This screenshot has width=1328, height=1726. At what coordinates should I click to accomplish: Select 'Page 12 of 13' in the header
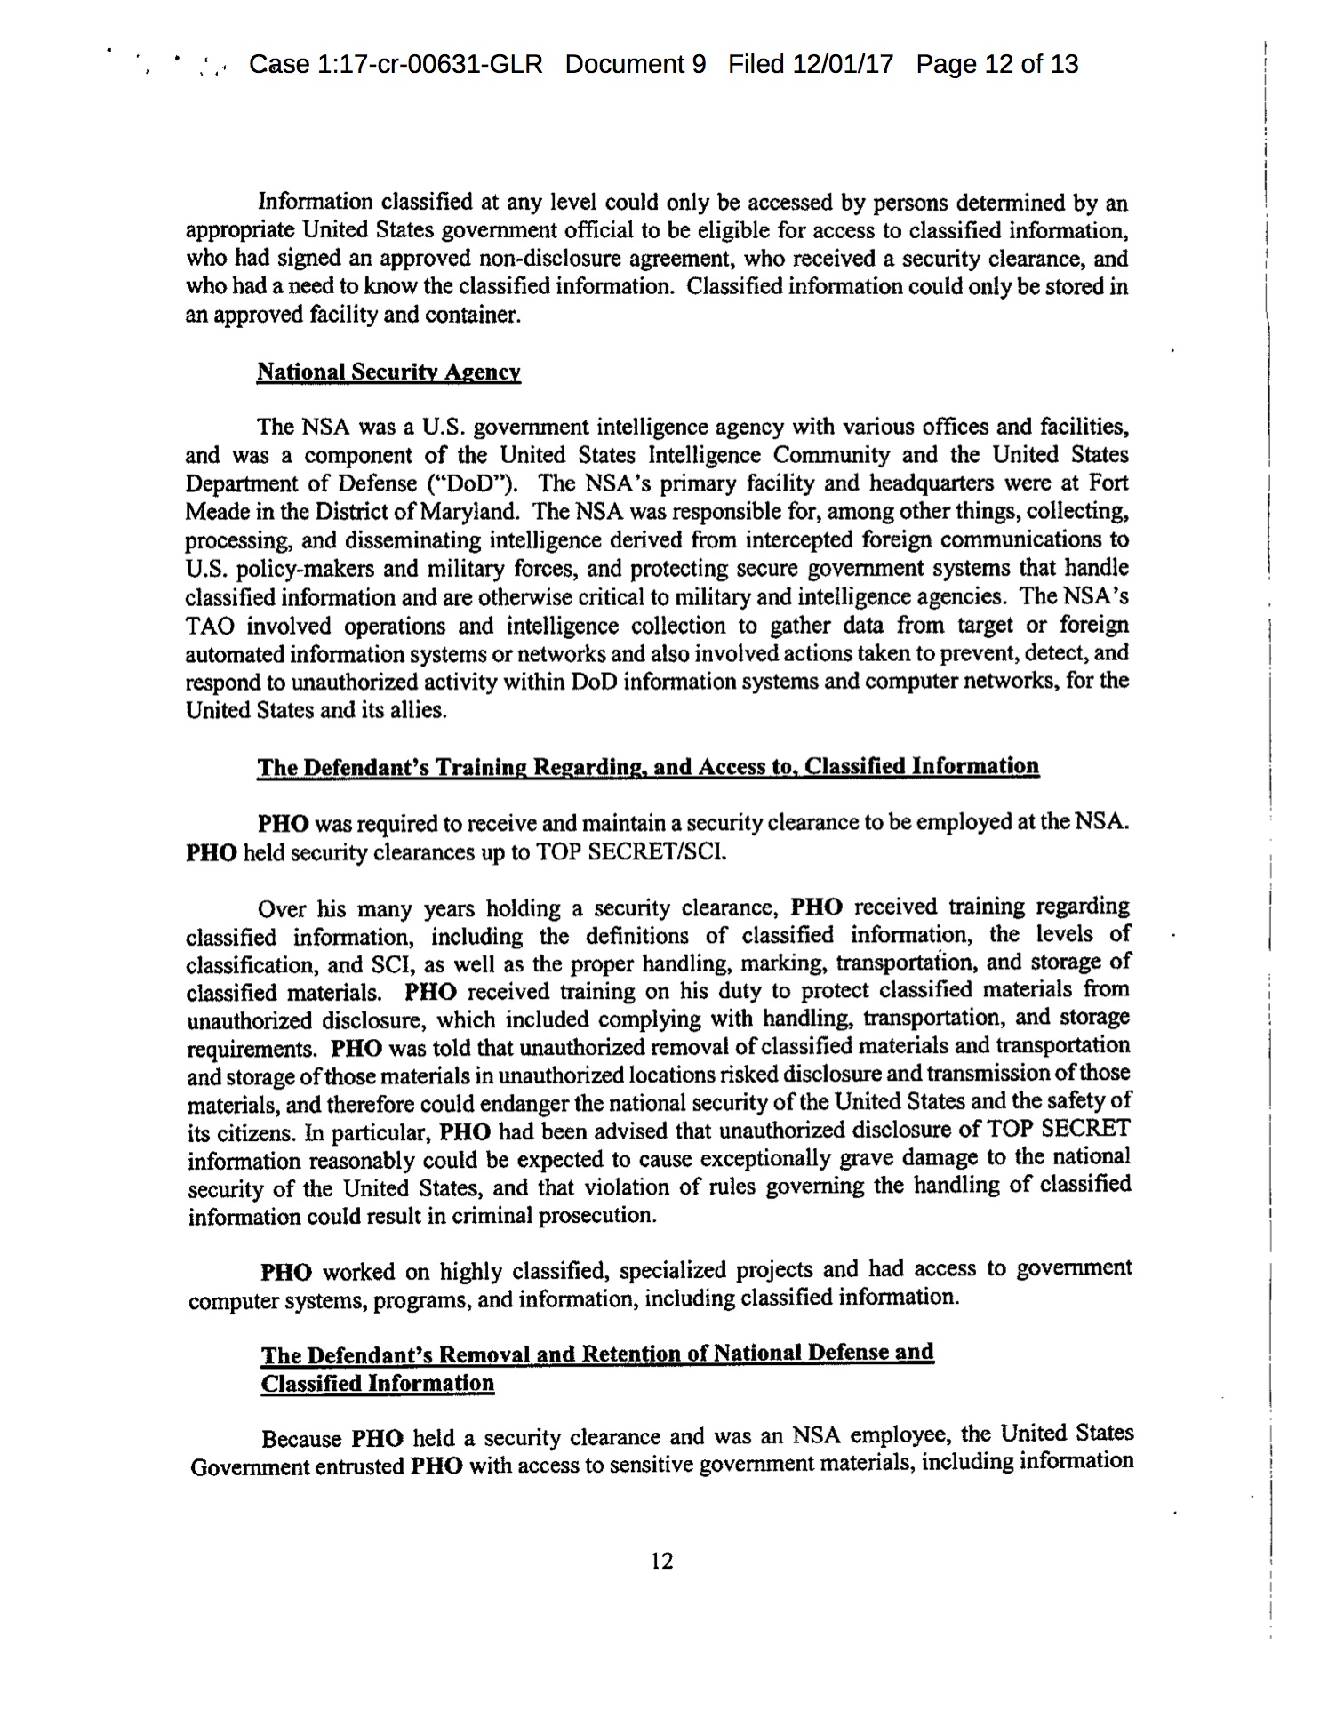(x=996, y=64)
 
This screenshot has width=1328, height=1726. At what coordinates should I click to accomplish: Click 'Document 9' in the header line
(x=635, y=64)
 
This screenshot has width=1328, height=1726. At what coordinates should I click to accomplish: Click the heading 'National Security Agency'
(x=388, y=372)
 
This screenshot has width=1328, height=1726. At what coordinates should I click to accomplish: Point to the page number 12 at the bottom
(x=662, y=1561)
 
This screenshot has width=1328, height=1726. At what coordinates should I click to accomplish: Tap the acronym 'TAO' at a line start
(x=210, y=626)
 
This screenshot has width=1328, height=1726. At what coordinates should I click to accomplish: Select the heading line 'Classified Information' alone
(x=377, y=1384)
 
